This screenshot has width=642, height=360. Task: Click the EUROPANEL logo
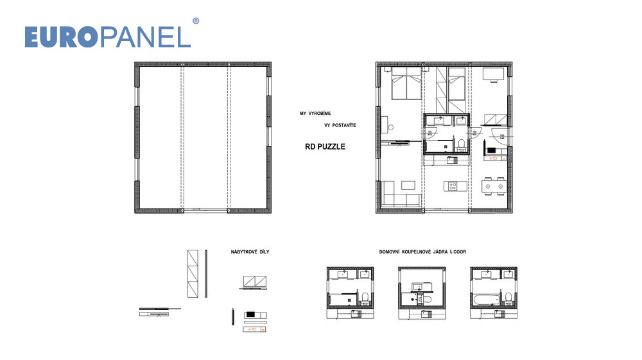click(108, 37)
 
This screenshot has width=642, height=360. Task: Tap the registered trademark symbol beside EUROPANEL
click(196, 21)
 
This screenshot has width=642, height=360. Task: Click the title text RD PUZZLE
click(325, 146)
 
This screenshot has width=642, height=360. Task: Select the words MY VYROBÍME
click(315, 114)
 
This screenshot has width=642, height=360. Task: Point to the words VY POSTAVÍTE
click(340, 125)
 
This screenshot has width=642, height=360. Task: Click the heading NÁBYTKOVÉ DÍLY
click(250, 252)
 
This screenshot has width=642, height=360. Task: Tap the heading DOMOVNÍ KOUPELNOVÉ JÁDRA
click(414, 252)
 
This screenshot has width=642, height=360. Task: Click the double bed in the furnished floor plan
click(406, 83)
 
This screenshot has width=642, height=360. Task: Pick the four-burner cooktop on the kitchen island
click(453, 187)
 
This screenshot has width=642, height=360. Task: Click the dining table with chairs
click(493, 186)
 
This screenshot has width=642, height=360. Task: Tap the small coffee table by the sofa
click(408, 185)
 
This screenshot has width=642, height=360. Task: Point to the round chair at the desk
click(390, 127)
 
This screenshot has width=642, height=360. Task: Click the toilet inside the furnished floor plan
click(462, 144)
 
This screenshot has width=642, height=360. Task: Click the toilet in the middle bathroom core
click(427, 298)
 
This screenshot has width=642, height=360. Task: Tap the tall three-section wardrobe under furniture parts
click(193, 273)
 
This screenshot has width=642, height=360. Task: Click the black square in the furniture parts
click(250, 315)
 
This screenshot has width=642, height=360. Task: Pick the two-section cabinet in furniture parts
click(255, 282)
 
